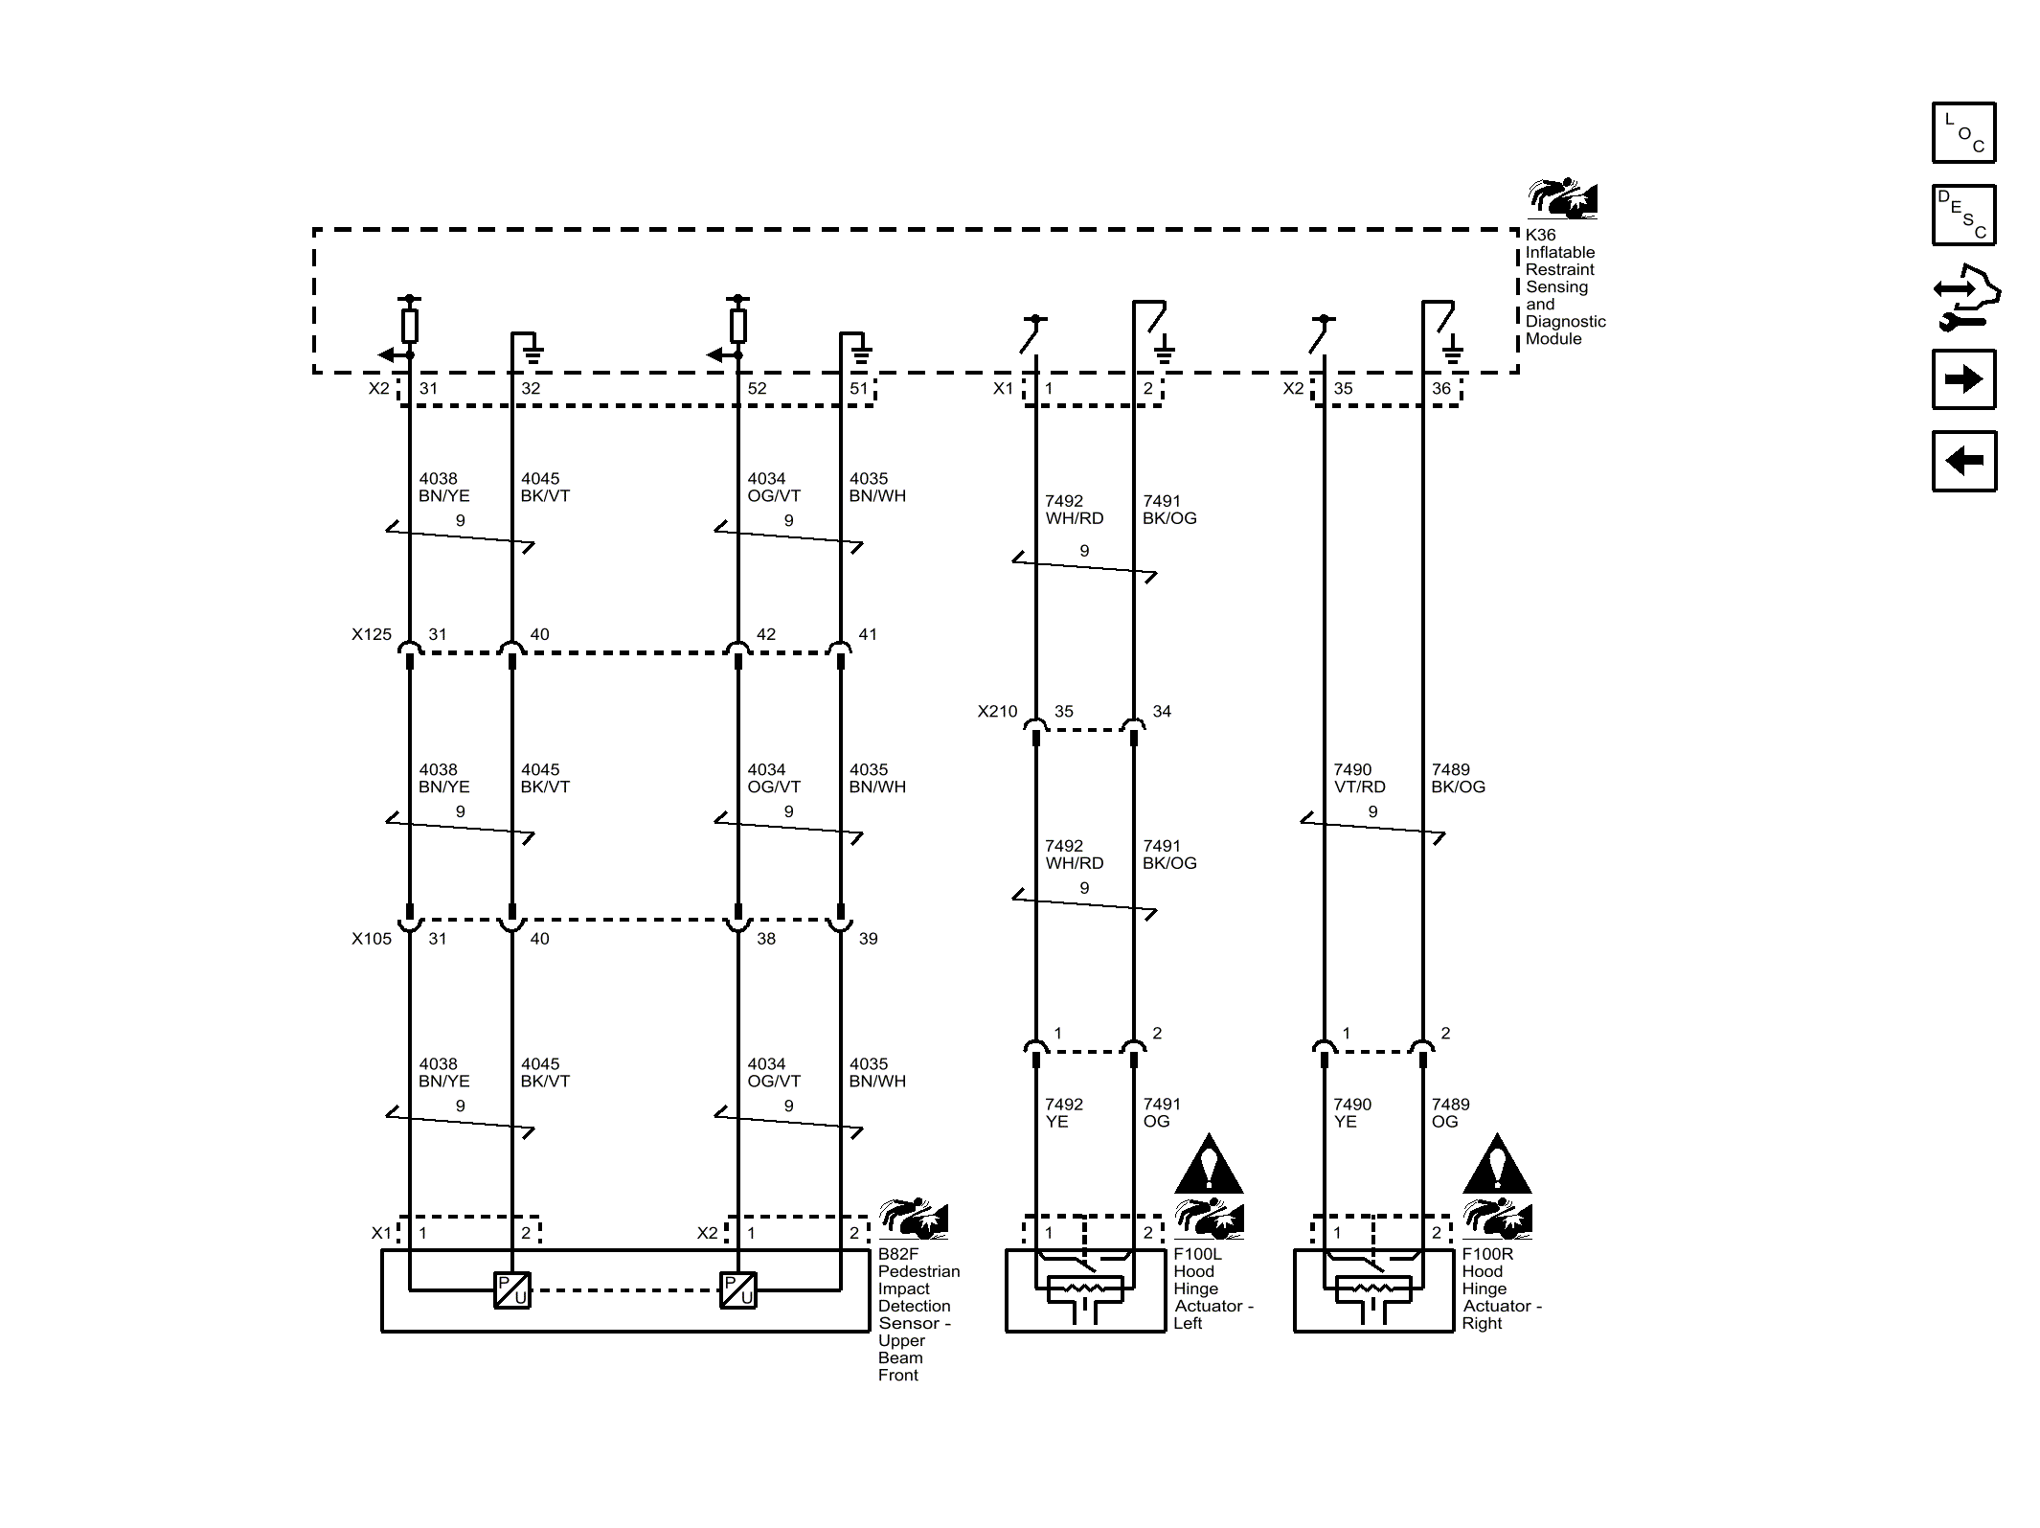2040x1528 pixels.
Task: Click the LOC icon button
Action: coord(1963,132)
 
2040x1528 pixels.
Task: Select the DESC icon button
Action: coord(1963,215)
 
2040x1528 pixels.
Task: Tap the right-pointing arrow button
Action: coord(1963,379)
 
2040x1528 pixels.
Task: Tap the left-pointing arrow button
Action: coord(1963,461)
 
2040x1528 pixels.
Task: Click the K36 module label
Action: coord(1540,235)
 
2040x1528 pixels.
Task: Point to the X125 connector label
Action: coord(372,634)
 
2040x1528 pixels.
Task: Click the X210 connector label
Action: coord(997,712)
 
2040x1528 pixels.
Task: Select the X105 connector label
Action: coord(372,939)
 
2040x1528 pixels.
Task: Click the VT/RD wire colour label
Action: coord(1359,787)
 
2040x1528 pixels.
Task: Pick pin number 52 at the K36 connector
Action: coord(757,388)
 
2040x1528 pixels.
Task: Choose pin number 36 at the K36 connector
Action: coord(1440,388)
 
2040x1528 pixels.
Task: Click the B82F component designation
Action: coord(897,1254)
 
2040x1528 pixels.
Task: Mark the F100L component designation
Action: coord(1197,1254)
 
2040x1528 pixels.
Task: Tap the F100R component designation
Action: coord(1486,1254)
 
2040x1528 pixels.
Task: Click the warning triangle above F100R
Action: coord(1497,1166)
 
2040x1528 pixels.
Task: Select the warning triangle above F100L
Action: coord(1209,1166)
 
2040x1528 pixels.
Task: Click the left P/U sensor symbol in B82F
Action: coord(512,1289)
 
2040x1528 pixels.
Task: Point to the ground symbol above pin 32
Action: coord(533,353)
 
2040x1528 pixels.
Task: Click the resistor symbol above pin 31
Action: coord(410,326)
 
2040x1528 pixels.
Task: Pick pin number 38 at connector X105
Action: coord(766,939)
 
